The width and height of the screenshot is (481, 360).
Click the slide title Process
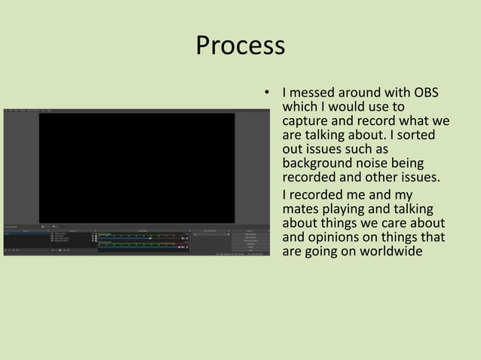240,46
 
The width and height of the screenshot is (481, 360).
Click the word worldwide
380,252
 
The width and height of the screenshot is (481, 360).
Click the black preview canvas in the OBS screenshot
136,167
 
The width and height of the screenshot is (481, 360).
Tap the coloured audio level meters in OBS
143,240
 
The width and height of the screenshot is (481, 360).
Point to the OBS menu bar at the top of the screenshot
30,110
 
